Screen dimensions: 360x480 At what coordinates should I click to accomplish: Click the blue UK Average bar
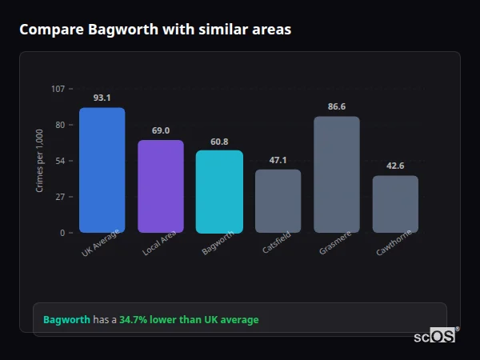click(x=102, y=170)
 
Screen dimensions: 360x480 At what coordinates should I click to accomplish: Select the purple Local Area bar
click(x=161, y=186)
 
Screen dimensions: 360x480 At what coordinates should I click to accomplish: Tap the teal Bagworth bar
click(x=219, y=192)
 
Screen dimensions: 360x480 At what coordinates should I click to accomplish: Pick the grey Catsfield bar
click(x=278, y=201)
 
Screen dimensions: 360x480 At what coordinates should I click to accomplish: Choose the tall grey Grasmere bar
click(x=337, y=174)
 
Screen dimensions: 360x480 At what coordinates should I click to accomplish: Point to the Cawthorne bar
click(x=395, y=204)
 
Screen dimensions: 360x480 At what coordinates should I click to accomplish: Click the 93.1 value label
click(x=102, y=98)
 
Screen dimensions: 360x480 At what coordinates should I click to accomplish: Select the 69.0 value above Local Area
click(x=161, y=130)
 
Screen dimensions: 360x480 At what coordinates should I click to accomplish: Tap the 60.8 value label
click(x=219, y=142)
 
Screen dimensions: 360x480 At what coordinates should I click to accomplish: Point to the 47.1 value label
click(x=278, y=160)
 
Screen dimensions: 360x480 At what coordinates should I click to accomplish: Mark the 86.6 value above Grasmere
click(x=337, y=106)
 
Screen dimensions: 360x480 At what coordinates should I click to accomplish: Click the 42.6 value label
click(x=395, y=166)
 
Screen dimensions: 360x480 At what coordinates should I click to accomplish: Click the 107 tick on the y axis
click(x=58, y=89)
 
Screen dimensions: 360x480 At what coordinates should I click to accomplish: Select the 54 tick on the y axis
click(x=60, y=161)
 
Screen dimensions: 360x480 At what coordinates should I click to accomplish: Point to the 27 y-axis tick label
click(x=60, y=197)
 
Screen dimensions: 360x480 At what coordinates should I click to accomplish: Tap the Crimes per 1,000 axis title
click(x=40, y=161)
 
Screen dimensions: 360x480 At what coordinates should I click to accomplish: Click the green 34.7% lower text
click(x=189, y=320)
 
